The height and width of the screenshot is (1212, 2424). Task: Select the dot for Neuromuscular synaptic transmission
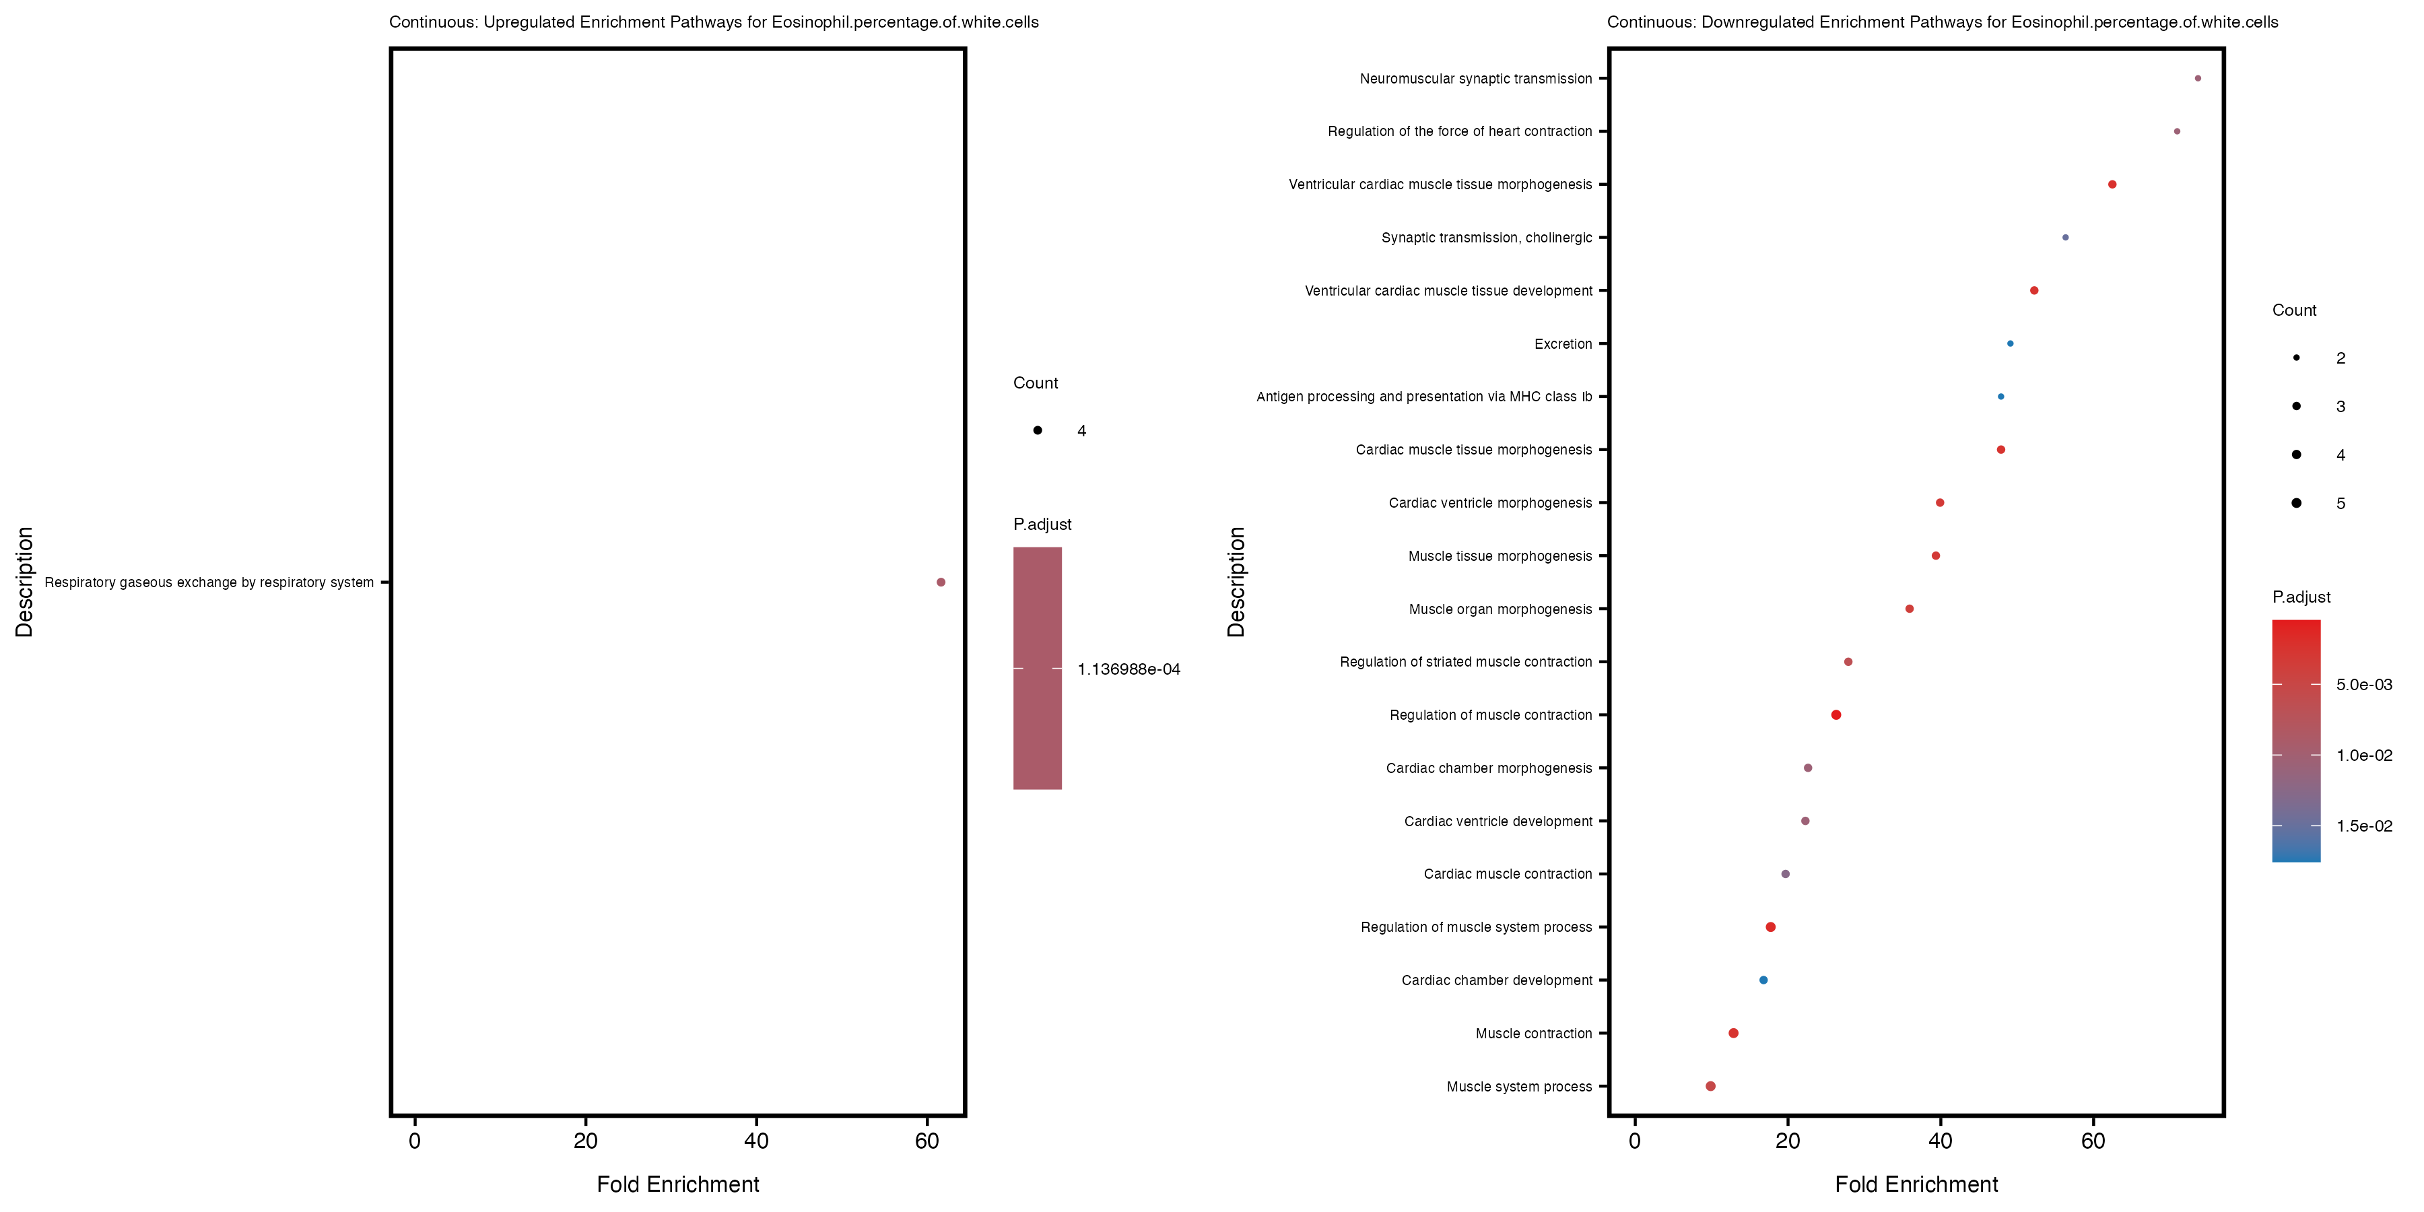[2197, 79]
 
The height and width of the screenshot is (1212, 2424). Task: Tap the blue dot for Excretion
[2010, 343]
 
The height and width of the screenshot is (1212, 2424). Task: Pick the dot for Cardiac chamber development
[1763, 980]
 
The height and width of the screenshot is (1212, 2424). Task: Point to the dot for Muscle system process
[1711, 1086]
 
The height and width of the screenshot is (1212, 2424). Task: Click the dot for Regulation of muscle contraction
[1836, 715]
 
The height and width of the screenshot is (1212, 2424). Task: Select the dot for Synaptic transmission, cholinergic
[2066, 237]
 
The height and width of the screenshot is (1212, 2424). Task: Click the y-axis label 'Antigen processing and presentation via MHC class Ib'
[1423, 397]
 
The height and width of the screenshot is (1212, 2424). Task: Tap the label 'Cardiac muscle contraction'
[1508, 874]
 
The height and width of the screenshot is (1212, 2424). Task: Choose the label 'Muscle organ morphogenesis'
[1500, 610]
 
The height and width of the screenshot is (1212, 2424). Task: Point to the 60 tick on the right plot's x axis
[2093, 1141]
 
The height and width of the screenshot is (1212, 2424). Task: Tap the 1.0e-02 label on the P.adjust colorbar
[2364, 755]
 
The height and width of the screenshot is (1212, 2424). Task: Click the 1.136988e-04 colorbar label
[1129, 669]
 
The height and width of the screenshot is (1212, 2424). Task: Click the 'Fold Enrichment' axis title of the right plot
[1916, 1184]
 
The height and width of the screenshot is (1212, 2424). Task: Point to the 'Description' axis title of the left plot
[24, 582]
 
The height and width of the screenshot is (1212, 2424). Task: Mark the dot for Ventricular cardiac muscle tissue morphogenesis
[2112, 184]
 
